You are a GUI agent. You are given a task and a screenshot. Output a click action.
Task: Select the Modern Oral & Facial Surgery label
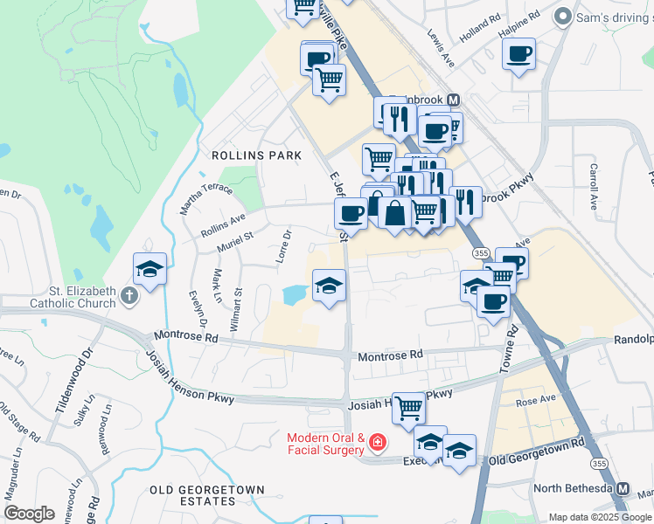[325, 443]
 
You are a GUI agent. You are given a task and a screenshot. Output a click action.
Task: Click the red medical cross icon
[378, 445]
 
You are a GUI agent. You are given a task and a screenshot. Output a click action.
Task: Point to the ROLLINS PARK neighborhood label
[256, 155]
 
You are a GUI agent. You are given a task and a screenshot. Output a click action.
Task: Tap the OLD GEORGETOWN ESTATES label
[192, 495]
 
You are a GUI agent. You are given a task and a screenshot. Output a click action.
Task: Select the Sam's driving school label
[612, 17]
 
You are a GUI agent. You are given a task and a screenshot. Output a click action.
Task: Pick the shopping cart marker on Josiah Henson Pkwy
[408, 406]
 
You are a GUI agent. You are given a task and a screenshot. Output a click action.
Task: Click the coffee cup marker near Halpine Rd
[519, 54]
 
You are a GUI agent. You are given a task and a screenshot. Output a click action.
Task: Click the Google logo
[29, 513]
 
